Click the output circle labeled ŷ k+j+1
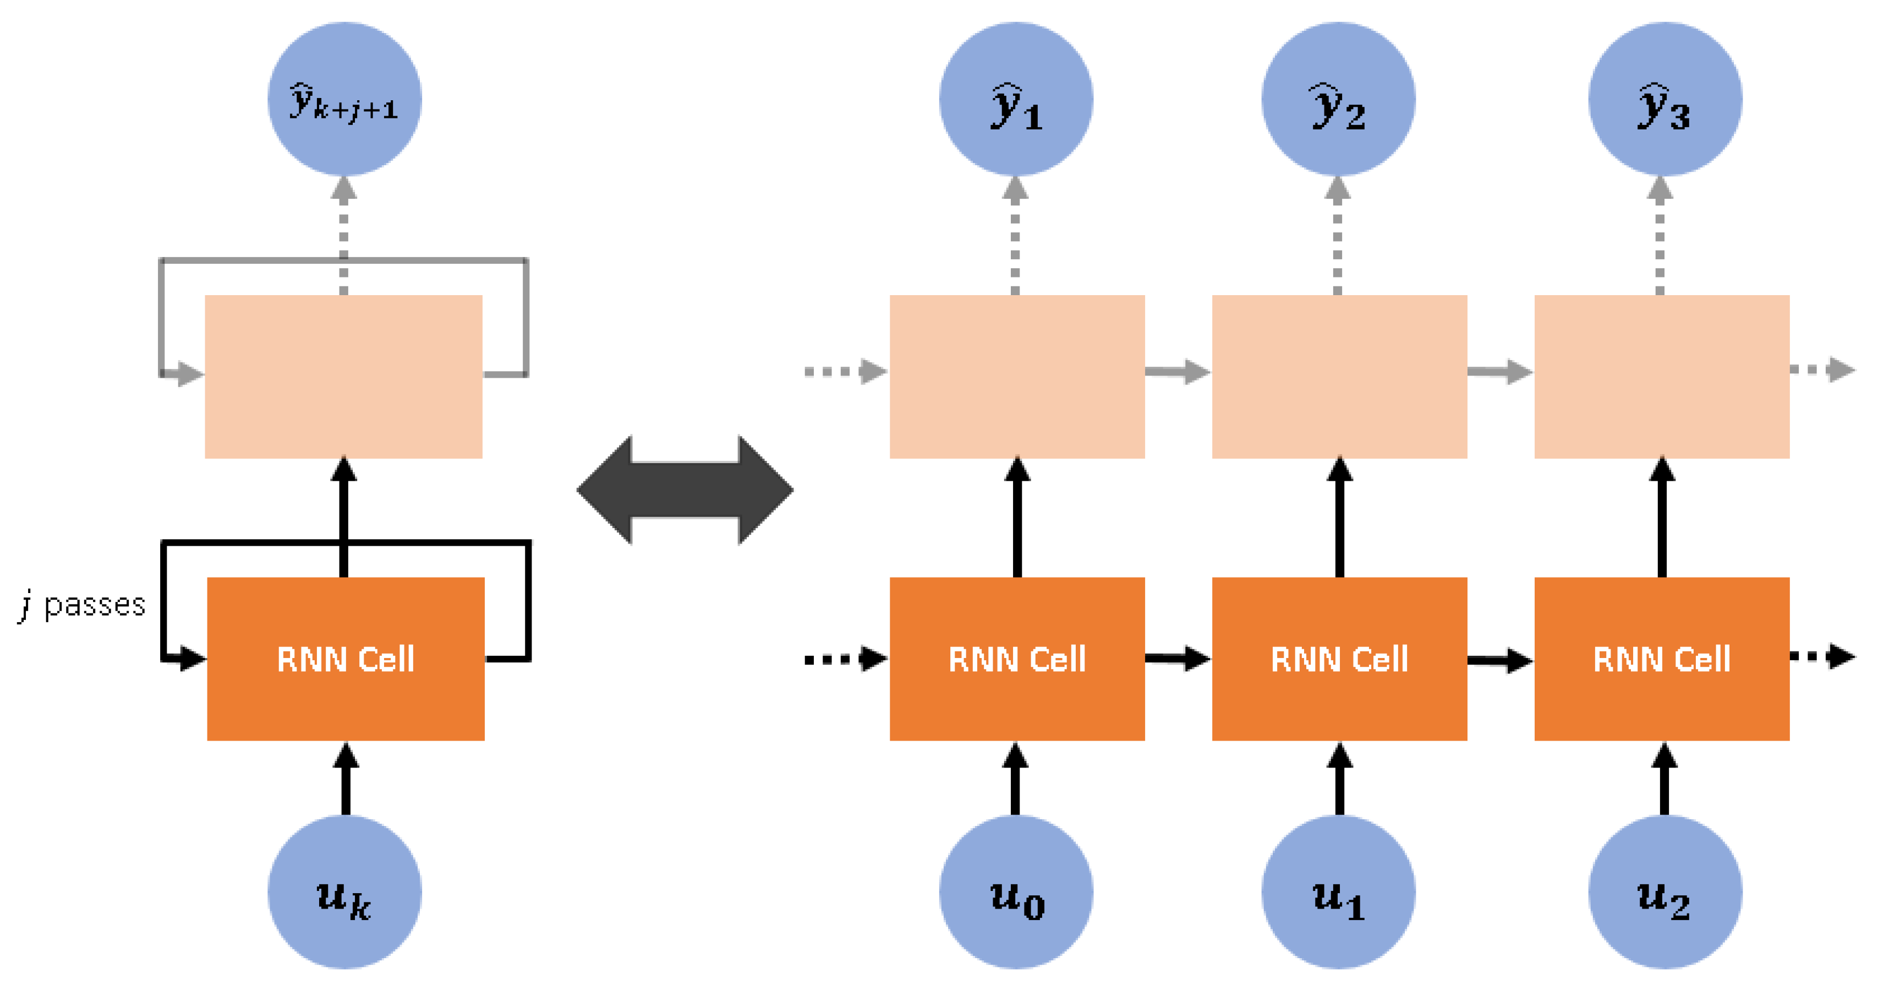click(x=344, y=99)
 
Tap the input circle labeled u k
click(x=344, y=891)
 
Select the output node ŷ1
click(x=1016, y=99)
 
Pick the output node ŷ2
click(x=1338, y=99)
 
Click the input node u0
click(x=1016, y=891)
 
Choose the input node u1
click(x=1338, y=891)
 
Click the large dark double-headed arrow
click(x=685, y=490)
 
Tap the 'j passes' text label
click(x=82, y=605)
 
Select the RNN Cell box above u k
click(x=346, y=659)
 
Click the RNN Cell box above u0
click(x=1017, y=659)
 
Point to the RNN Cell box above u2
click(x=1662, y=659)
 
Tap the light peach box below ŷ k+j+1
click(x=343, y=377)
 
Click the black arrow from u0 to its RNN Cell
click(x=1016, y=779)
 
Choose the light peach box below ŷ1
click(x=1017, y=377)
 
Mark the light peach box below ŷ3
click(x=1662, y=377)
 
